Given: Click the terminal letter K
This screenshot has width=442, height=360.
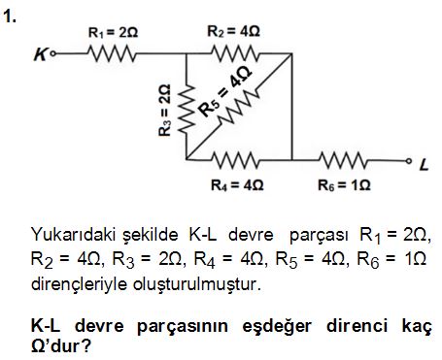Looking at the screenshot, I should click(x=40, y=56).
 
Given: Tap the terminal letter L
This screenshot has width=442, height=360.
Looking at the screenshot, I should click(x=423, y=164).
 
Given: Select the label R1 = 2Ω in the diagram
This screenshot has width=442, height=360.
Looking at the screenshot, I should click(x=114, y=32).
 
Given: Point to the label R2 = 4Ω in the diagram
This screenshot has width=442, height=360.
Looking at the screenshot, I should click(x=234, y=31).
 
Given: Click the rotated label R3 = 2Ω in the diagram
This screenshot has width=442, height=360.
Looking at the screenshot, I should click(x=164, y=110).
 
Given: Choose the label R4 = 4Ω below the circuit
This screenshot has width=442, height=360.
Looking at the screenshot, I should click(x=237, y=180).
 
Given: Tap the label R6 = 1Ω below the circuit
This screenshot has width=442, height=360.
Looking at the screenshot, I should click(x=344, y=180).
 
